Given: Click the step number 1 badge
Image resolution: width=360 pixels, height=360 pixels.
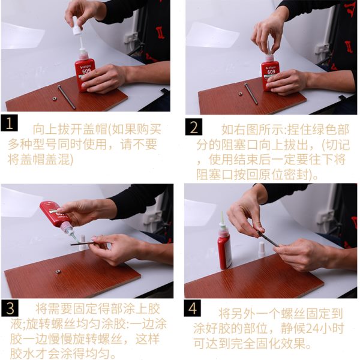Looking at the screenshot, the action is pos(9,123).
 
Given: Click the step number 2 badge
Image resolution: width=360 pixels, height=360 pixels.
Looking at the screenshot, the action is pos(194,127).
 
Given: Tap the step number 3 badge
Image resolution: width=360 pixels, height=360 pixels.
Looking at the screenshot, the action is pos(10,308).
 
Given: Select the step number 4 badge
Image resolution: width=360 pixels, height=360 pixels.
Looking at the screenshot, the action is pos(193,308).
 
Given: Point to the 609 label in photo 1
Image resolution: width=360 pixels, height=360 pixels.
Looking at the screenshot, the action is pos(86,71).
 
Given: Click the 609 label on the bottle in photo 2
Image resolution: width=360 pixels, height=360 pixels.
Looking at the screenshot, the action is pos(271,72).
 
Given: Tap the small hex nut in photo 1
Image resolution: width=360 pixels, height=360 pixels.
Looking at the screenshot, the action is pos(55,98).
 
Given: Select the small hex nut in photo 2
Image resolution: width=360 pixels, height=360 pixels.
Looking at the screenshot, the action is pos(241,94).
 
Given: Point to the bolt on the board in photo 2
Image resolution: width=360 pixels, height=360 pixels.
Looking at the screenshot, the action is pos(251,94).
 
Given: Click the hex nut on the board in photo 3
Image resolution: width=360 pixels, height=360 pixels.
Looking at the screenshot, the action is pos(58,272).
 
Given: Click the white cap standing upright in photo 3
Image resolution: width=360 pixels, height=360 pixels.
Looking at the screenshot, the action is pos(83,242).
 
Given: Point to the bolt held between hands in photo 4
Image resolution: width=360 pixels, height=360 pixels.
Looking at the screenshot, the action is pos(268,239).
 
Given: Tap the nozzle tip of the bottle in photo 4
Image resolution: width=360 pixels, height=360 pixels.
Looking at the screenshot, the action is pos(222,212).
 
